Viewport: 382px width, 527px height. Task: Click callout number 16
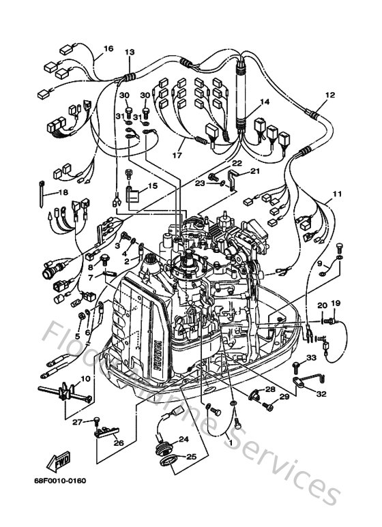pyautogui.click(x=108, y=48)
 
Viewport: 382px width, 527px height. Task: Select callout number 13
pyautogui.click(x=130, y=52)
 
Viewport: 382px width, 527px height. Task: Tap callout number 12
pyautogui.click(x=330, y=95)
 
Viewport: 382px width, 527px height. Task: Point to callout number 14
pyautogui.click(x=264, y=102)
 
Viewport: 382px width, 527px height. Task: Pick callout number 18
pyautogui.click(x=63, y=193)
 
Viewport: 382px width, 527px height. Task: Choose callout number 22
pyautogui.click(x=237, y=164)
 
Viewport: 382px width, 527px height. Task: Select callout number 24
pyautogui.click(x=183, y=439)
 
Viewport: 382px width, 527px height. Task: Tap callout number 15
pyautogui.click(x=151, y=185)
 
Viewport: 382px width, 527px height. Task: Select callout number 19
pyautogui.click(x=336, y=303)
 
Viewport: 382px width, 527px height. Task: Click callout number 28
pyautogui.click(x=270, y=389)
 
